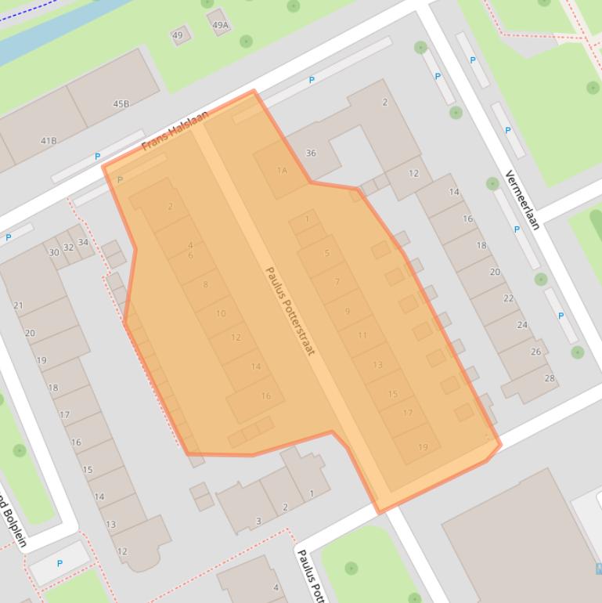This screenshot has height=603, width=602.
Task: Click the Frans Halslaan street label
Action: [x=175, y=131]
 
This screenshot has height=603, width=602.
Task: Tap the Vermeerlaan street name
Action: [x=522, y=200]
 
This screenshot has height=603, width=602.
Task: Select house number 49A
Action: [x=221, y=25]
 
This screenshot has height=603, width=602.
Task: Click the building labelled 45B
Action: [x=121, y=103]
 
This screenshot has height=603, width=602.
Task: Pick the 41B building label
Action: [x=49, y=141]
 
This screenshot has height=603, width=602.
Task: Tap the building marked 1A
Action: [x=282, y=171]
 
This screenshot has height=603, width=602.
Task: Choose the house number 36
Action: [x=311, y=153]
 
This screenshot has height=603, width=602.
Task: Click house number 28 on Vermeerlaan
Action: [x=550, y=378]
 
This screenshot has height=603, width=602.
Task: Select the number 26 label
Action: [x=536, y=352]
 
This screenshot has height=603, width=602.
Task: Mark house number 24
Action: [x=522, y=325]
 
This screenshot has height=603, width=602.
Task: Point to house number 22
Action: [x=509, y=298]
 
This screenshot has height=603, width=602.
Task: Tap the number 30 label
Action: [x=54, y=252]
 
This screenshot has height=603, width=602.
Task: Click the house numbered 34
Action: [x=83, y=242]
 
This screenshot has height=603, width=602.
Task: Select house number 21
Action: [x=18, y=305]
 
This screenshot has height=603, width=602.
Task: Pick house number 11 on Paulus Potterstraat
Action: [x=362, y=335]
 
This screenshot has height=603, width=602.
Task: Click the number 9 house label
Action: [x=348, y=311]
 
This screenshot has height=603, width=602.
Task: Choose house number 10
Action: [x=221, y=313]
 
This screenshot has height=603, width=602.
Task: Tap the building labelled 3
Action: [x=258, y=521]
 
